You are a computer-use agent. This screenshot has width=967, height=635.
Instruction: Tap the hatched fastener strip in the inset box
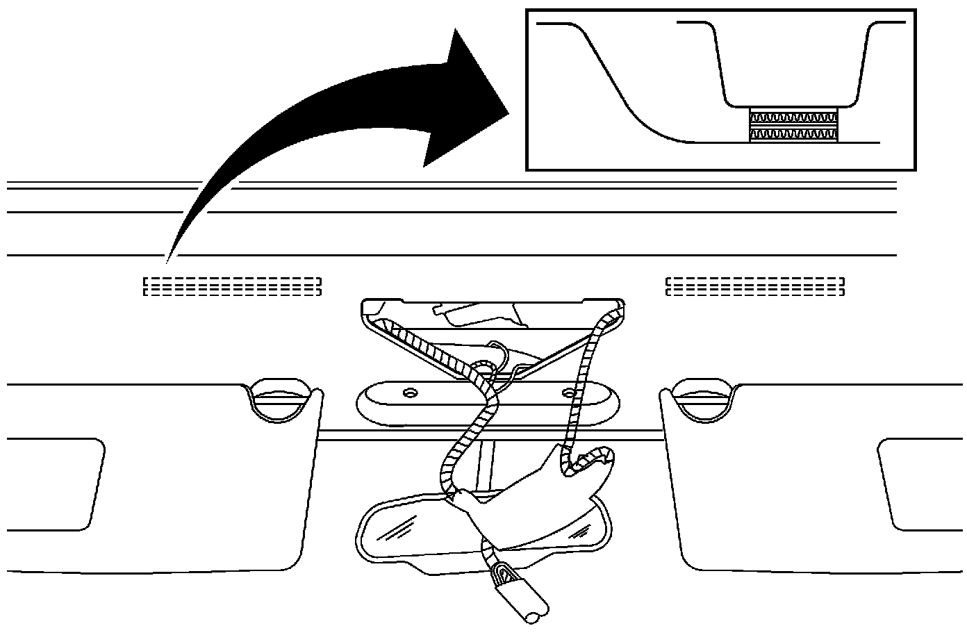793,126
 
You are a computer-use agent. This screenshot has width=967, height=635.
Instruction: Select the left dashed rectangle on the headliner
232,286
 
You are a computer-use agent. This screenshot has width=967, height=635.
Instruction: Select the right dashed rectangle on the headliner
755,286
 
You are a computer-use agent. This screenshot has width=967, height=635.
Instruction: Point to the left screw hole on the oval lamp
408,393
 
